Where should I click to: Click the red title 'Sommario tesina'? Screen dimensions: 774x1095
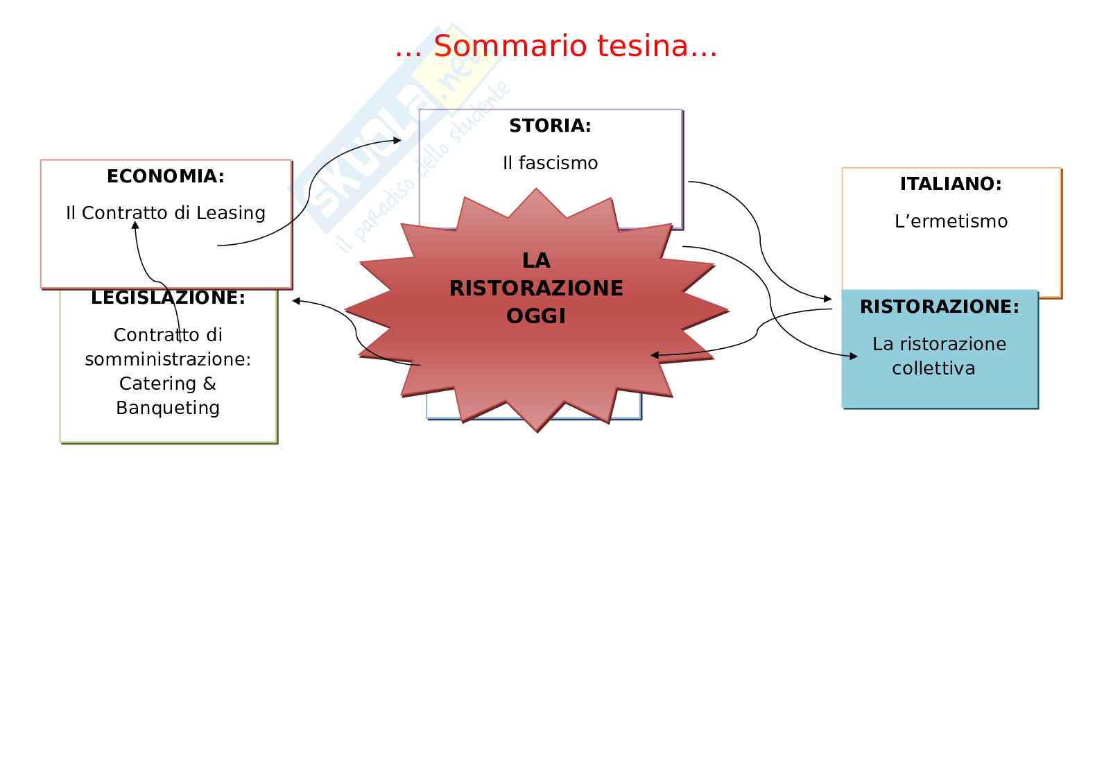pyautogui.click(x=556, y=46)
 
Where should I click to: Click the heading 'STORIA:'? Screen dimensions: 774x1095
pyautogui.click(x=550, y=126)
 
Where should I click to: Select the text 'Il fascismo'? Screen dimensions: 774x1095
pyautogui.click(x=550, y=163)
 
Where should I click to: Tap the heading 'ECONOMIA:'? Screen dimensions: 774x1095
pyautogui.click(x=166, y=177)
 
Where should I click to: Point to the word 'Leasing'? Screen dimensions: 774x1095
pyautogui.click(x=231, y=213)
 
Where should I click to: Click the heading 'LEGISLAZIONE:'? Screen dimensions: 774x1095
pyautogui.click(x=169, y=298)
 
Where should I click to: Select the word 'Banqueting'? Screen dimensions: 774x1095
pyautogui.click(x=168, y=408)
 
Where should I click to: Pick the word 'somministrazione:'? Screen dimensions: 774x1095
pyautogui.click(x=168, y=359)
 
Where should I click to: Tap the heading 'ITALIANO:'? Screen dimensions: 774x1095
pyautogui.click(x=951, y=184)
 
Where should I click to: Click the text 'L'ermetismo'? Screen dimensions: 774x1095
pyautogui.click(x=951, y=222)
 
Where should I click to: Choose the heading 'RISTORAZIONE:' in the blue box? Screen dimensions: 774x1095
pyautogui.click(x=940, y=307)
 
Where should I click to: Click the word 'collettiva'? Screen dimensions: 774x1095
pyautogui.click(x=933, y=368)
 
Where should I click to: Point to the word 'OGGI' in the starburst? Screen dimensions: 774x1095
pyautogui.click(x=536, y=316)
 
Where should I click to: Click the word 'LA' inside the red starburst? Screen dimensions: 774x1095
pyautogui.click(x=536, y=261)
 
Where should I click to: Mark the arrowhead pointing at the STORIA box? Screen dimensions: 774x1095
pyautogui.click(x=398, y=140)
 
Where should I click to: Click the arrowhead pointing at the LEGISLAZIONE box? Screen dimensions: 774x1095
pyautogui.click(x=296, y=300)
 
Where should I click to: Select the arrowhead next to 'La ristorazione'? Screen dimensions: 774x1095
pyautogui.click(x=854, y=356)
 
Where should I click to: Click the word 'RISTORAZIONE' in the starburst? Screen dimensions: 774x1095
pyautogui.click(x=536, y=289)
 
